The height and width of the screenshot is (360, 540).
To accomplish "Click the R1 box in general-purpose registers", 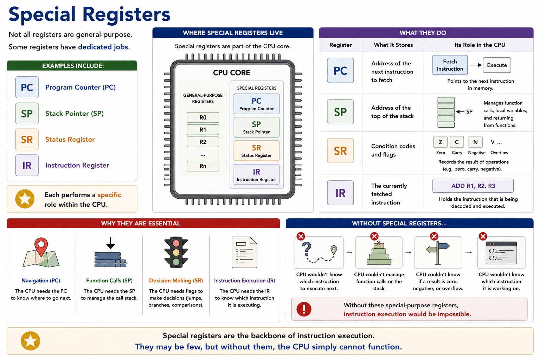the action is coord(203,130).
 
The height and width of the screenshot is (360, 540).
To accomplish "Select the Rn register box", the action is coord(203,166).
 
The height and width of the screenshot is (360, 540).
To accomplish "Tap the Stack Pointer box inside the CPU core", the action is coord(257,127).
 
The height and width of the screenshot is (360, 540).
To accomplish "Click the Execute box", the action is coord(497,65).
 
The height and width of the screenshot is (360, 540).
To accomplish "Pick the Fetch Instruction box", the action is coord(450,65).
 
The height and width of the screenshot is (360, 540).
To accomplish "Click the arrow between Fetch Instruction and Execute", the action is coord(475,65).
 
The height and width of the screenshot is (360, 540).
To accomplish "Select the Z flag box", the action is coord(441,142).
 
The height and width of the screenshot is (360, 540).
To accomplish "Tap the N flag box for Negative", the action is coord(475,142).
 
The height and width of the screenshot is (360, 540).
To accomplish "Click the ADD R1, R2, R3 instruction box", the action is coord(473,186).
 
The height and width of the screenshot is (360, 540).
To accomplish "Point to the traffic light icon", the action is coord(176,252).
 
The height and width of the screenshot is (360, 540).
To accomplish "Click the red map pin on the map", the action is coord(41,246).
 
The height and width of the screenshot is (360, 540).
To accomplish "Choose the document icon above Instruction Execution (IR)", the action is coord(244,252).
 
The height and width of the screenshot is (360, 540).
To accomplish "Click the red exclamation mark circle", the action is coord(304,309).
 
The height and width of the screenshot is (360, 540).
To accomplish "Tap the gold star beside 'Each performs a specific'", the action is coord(25,199).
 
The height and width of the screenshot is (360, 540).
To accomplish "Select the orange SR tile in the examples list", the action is coord(27,139).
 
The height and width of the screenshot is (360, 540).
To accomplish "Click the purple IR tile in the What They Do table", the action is coord(340,193).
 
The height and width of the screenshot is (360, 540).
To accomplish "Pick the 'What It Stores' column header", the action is coord(393,45).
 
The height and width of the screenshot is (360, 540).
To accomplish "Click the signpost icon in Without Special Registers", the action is coord(438,253).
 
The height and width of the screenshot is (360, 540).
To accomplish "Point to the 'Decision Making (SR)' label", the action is coord(176,281).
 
